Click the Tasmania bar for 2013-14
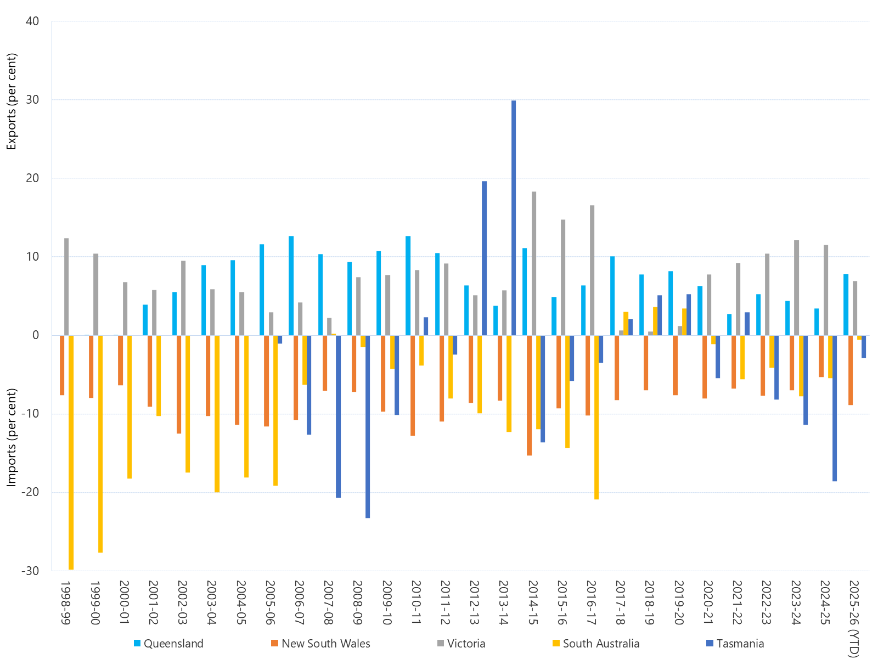point(514,218)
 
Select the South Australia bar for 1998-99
point(71,452)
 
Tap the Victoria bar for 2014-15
point(534,263)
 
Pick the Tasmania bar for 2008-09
point(368,426)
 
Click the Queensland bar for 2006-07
point(291,286)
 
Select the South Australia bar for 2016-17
point(596,417)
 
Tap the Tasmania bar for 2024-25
point(835,408)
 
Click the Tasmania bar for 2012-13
point(485,258)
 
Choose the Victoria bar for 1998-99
point(66,286)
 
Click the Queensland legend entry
point(173,644)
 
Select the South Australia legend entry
point(601,644)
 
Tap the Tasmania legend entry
point(740,644)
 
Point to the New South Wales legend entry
point(325,644)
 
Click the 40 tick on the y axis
point(32,21)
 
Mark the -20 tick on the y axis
point(30,492)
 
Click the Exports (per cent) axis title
point(12,102)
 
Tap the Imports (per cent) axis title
point(12,437)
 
